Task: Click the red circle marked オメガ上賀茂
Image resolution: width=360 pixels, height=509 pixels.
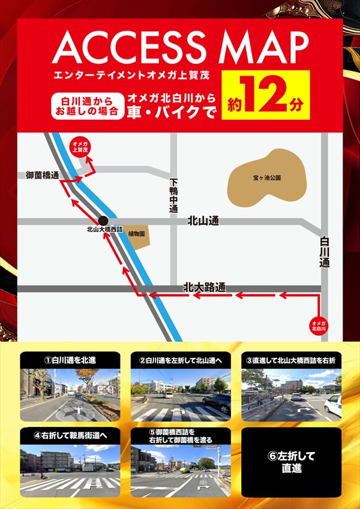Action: coord(80,147)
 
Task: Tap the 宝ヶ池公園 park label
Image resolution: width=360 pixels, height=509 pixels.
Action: coord(267,178)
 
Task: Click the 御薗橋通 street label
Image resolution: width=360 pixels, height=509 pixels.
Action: coord(42,175)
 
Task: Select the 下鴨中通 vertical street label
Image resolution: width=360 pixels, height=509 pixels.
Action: coord(173,196)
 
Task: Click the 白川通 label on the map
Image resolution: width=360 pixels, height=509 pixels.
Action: coord(325,251)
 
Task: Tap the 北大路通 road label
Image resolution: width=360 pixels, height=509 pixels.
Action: coord(204,287)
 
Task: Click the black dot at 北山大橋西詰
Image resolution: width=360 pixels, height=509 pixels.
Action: coord(103,221)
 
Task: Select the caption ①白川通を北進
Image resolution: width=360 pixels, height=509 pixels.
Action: coord(70,360)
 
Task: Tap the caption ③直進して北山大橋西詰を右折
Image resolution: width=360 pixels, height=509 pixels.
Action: coord(290,360)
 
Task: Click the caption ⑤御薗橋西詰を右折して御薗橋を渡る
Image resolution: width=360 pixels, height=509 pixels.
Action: coord(180,435)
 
